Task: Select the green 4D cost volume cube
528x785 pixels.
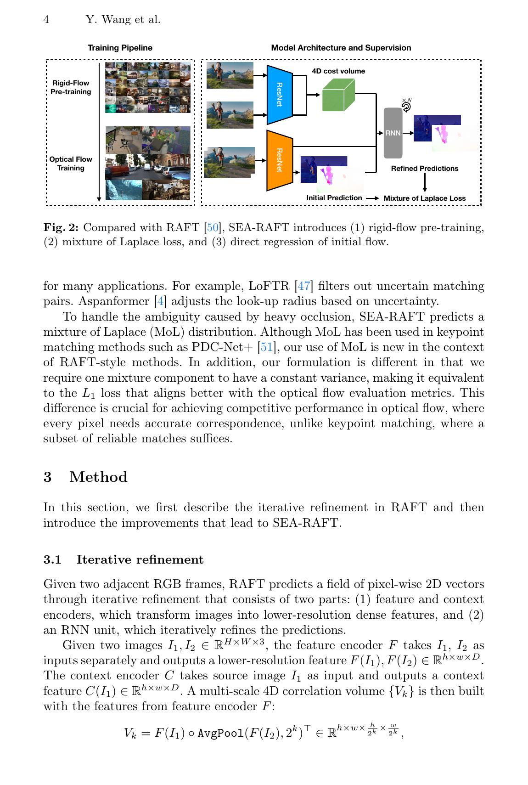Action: tap(338, 95)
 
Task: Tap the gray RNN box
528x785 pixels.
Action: tap(393, 133)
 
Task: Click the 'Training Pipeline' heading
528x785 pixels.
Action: tap(120, 48)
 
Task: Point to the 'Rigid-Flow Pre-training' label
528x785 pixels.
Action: tap(71, 87)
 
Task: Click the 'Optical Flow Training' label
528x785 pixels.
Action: tap(71, 164)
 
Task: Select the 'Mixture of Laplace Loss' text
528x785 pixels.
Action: tap(424, 198)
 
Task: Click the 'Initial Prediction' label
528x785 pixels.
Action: tap(334, 198)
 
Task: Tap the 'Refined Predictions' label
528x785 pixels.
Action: tap(424, 169)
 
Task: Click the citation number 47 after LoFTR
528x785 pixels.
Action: tap(303, 286)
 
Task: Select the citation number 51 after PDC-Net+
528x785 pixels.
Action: tap(266, 347)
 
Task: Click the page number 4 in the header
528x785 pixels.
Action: tap(46, 20)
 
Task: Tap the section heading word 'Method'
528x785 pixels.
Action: tap(98, 477)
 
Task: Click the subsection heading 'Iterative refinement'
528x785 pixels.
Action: tap(140, 559)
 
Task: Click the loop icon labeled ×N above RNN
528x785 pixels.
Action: tap(406, 106)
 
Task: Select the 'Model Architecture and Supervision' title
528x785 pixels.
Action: tap(341, 48)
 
